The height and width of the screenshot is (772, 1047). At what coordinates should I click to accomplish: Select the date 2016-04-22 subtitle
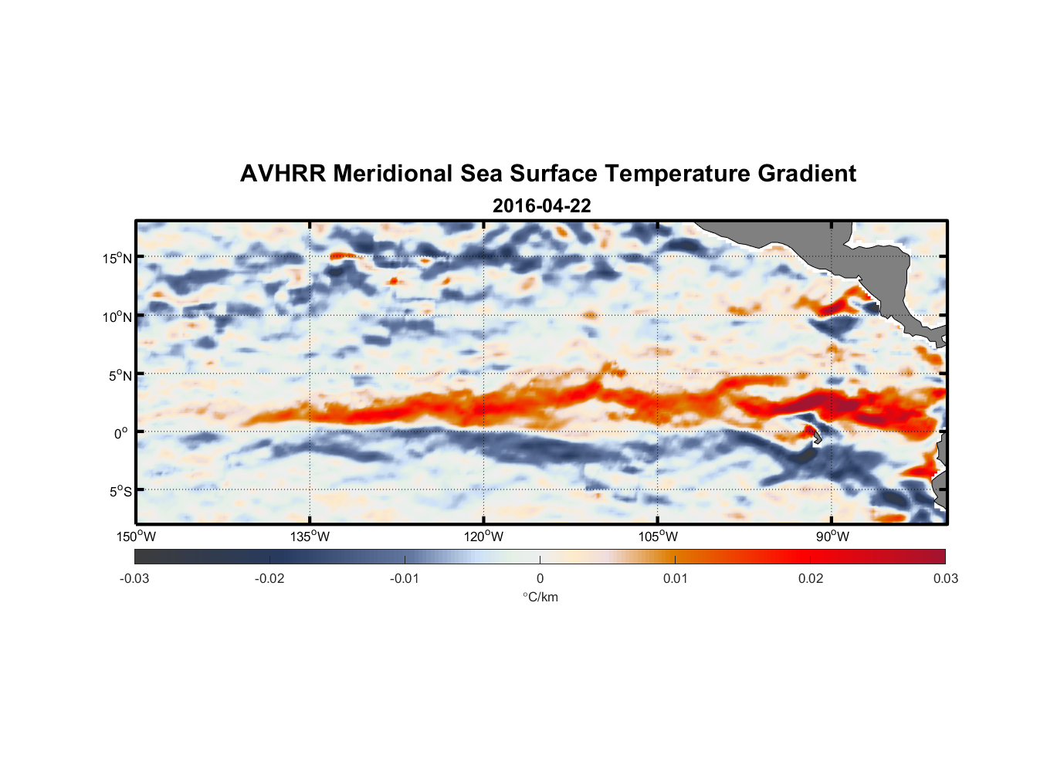click(541, 206)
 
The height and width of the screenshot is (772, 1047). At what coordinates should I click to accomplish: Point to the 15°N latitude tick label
click(117, 258)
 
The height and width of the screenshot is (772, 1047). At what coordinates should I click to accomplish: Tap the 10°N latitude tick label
click(117, 317)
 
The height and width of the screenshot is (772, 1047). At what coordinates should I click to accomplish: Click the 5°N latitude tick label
click(120, 375)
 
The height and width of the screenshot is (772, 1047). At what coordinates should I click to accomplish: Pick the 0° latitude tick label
click(121, 433)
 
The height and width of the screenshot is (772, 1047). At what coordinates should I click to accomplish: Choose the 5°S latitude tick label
click(120, 492)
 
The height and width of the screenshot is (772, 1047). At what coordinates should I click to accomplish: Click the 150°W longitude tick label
click(136, 537)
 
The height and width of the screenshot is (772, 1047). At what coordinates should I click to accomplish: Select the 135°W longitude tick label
click(310, 537)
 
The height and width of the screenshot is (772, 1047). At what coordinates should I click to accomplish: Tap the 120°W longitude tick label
click(484, 537)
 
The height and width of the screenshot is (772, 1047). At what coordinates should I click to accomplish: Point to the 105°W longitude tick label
click(658, 537)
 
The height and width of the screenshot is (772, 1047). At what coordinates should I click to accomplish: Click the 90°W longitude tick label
click(832, 537)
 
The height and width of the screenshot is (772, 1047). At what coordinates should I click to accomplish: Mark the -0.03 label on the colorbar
click(134, 578)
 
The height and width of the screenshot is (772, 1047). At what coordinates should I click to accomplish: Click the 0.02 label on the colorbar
click(811, 578)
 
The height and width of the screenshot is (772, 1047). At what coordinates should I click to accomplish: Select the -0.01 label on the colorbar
click(405, 578)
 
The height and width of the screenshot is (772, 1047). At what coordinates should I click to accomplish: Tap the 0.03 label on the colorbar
click(945, 578)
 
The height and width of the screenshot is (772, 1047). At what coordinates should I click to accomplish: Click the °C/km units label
click(540, 597)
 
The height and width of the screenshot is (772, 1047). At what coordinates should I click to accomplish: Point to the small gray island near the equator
click(817, 438)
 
